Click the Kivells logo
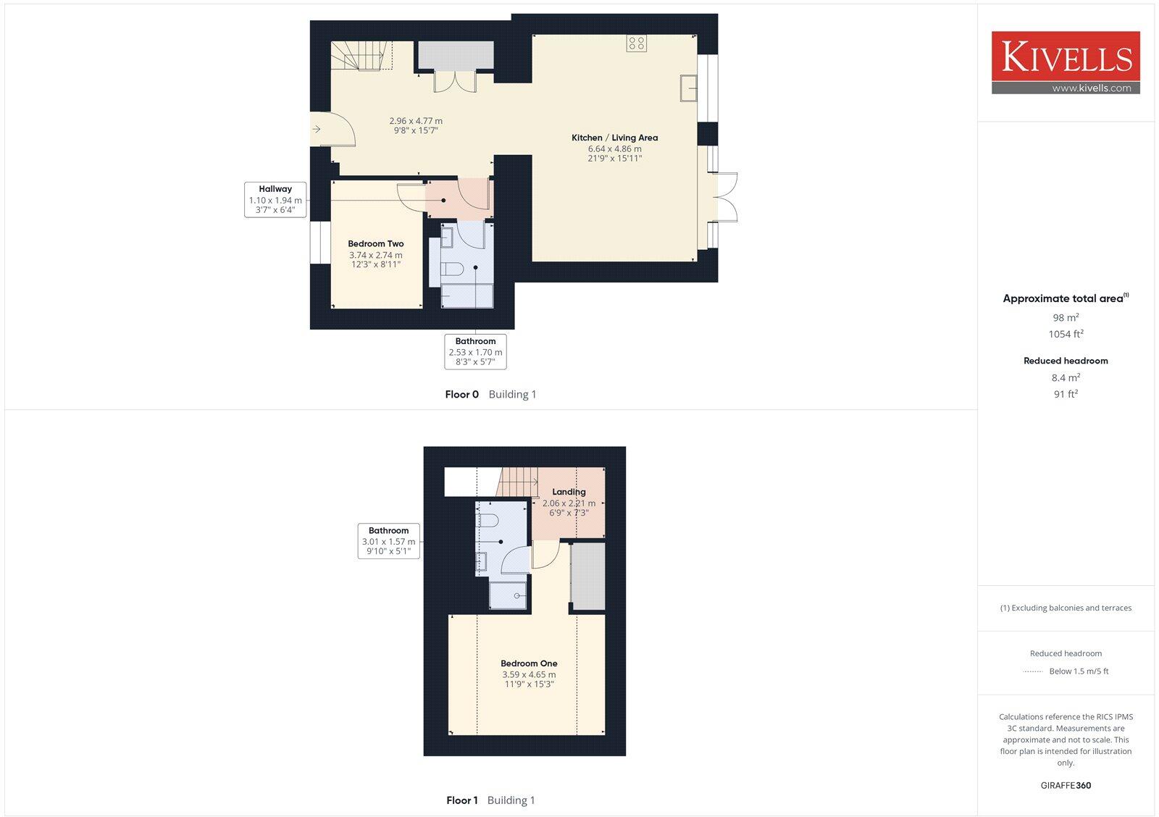pyautogui.click(x=1066, y=62)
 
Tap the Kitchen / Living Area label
pyautogui.click(x=614, y=138)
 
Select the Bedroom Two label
pyautogui.click(x=375, y=244)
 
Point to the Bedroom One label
pyautogui.click(x=529, y=663)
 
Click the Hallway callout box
pyautogui.click(x=275, y=199)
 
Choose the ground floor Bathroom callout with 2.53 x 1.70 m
pyautogui.click(x=475, y=351)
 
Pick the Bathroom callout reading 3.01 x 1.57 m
pyautogui.click(x=388, y=540)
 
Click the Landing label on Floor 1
pyautogui.click(x=569, y=492)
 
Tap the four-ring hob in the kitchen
pyautogui.click(x=637, y=43)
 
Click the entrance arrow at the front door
pyautogui.click(x=317, y=130)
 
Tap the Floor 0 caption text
pyautogui.click(x=461, y=395)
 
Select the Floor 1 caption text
pyautogui.click(x=461, y=800)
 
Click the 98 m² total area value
pyautogui.click(x=1066, y=317)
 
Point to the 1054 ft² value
pyautogui.click(x=1066, y=334)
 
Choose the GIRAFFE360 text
pyautogui.click(x=1066, y=785)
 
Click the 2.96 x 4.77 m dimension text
pyautogui.click(x=416, y=121)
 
